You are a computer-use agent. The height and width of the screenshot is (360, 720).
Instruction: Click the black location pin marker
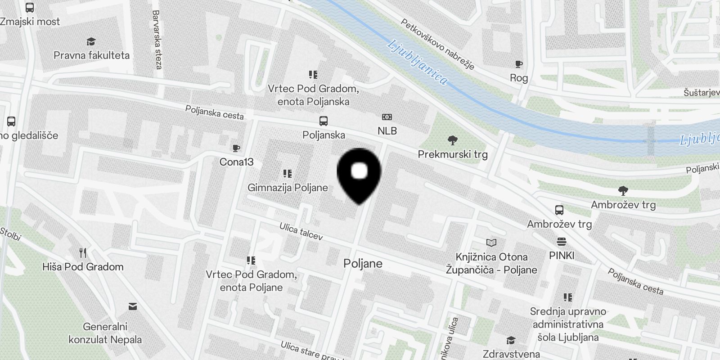359,173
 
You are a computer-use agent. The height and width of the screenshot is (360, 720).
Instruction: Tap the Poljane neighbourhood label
363,264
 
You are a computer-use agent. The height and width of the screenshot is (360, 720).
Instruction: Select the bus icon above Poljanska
324,121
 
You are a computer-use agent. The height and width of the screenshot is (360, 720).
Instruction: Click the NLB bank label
387,131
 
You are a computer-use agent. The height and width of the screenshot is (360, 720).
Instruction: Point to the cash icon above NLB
387,117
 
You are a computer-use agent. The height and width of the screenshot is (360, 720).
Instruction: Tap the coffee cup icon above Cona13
236,148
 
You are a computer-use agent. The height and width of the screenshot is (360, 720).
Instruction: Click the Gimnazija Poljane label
288,188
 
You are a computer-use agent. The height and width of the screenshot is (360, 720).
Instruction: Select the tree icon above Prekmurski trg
453,140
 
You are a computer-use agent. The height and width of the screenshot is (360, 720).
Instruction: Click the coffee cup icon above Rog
519,64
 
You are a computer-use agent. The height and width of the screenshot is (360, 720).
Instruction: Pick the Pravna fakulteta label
91,55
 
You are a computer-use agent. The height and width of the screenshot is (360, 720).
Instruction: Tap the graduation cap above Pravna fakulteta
91,42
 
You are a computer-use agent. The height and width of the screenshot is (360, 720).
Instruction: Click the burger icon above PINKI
561,242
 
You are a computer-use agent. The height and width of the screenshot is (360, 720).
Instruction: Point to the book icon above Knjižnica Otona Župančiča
491,243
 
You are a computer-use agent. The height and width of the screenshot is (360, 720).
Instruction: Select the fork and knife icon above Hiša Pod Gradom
83,252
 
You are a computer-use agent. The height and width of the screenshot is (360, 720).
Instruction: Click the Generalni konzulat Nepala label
105,333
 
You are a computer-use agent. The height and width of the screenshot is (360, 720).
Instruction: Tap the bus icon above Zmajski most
30,8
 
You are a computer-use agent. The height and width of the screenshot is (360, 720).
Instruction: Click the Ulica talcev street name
301,231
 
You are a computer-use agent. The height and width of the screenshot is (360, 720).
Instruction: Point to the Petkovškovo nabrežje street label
437,44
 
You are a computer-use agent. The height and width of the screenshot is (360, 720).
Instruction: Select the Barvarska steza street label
157,40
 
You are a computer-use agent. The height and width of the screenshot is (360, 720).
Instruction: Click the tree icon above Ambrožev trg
623,191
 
